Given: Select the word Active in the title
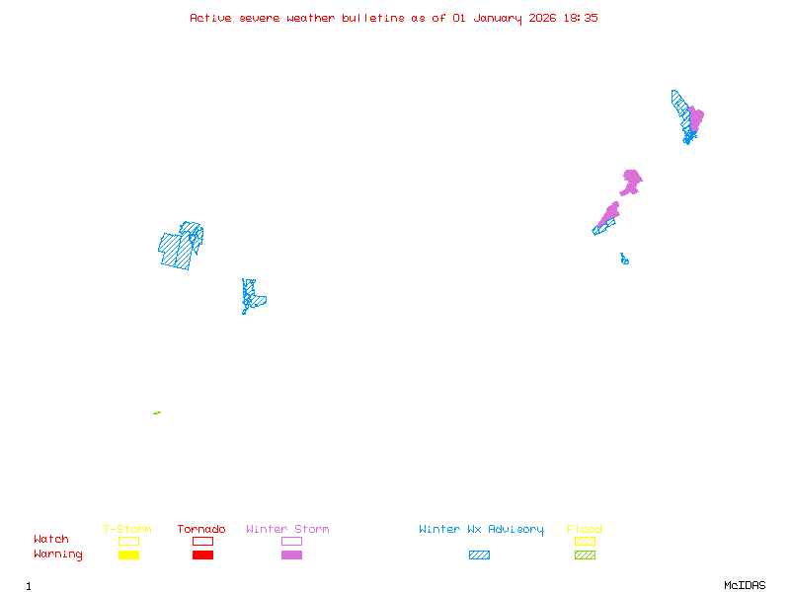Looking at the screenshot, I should (x=211, y=18).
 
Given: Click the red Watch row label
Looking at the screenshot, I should (x=51, y=540).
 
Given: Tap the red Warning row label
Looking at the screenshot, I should (x=58, y=555).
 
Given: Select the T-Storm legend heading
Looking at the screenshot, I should (x=127, y=530).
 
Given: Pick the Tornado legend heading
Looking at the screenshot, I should (x=201, y=530).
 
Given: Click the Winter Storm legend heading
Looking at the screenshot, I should (x=287, y=530).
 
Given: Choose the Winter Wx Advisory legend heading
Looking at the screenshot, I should (x=481, y=530).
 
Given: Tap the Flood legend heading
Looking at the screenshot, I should (x=585, y=530).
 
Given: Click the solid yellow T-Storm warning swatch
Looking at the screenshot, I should (x=128, y=555).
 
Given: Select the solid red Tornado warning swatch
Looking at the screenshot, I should (x=202, y=555).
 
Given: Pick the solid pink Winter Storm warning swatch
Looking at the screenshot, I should (x=291, y=555).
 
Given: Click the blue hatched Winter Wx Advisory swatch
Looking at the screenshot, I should (x=479, y=555).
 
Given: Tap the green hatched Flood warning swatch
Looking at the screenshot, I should (x=585, y=555).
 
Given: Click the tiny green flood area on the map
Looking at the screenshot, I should (x=157, y=412).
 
